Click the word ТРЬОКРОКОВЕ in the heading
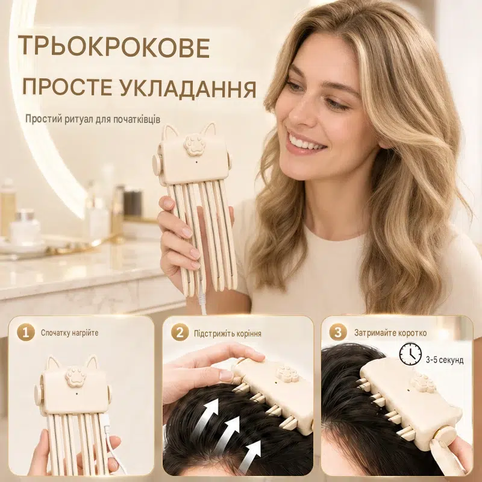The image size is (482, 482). pyautogui.click(x=114, y=47)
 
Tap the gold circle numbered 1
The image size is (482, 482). pyautogui.click(x=26, y=333)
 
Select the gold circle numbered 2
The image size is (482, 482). pyautogui.click(x=180, y=333)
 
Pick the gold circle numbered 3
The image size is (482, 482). pyautogui.click(x=338, y=333)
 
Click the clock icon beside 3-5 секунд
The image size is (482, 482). pyautogui.click(x=410, y=354)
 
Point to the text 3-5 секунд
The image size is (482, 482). pyautogui.click(x=445, y=360)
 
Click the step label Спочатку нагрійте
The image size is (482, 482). pyautogui.click(x=70, y=333)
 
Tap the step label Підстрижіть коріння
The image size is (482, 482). pyautogui.click(x=228, y=334)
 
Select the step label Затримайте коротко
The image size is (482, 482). pyautogui.click(x=390, y=333)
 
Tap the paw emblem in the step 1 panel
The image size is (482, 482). pyautogui.click(x=74, y=376)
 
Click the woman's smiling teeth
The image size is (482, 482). pyautogui.click(x=303, y=143)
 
